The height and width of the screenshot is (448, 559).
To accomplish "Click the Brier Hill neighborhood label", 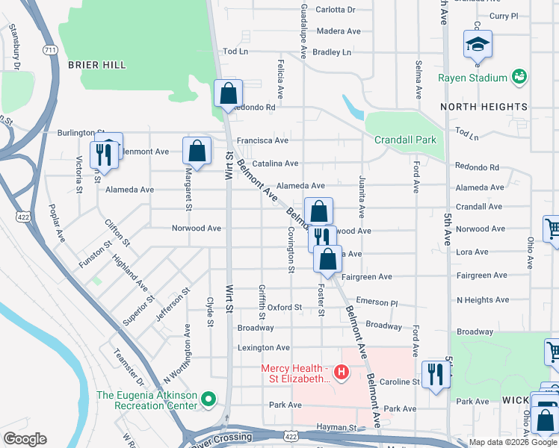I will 96,65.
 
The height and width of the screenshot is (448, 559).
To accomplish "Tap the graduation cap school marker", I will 478,44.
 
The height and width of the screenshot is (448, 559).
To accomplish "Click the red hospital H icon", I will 342,371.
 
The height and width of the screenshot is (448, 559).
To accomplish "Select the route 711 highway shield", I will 49,50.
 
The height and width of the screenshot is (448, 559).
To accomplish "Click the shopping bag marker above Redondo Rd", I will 229,94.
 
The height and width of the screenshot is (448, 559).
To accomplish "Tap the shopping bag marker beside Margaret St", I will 196,150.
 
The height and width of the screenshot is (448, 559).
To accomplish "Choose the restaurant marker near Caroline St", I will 435,375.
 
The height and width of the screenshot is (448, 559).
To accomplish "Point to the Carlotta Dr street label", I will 336,10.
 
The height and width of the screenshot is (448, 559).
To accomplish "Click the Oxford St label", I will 284,307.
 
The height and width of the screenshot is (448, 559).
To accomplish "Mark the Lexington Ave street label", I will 263,348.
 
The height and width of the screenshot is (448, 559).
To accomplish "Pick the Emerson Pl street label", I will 377,302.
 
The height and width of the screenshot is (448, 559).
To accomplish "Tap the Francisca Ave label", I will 262,140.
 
